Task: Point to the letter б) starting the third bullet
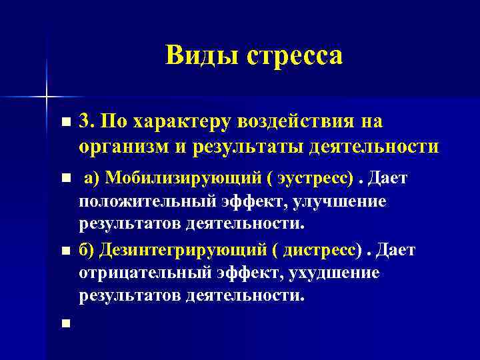[x=86, y=250]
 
